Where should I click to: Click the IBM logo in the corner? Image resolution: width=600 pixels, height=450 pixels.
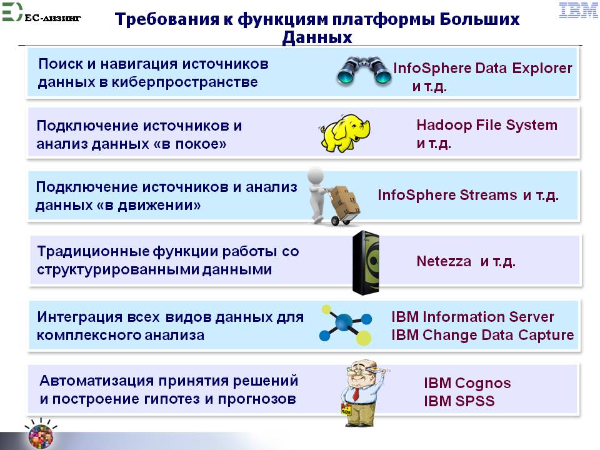[x=578, y=11]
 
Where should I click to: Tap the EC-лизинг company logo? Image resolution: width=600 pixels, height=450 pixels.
[x=41, y=12]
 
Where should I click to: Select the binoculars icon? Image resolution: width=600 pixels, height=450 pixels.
[x=364, y=71]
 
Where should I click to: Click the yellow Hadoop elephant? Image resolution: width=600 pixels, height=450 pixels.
[x=345, y=132]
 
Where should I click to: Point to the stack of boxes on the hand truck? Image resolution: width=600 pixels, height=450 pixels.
[x=344, y=201]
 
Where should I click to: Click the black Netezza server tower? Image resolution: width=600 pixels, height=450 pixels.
[x=366, y=262]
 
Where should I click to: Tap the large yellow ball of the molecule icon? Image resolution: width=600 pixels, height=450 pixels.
[x=363, y=338]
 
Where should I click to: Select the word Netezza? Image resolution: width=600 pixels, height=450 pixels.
[x=444, y=261]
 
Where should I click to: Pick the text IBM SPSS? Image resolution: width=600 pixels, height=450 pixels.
[x=459, y=401]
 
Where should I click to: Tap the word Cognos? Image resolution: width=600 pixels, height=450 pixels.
[x=483, y=383]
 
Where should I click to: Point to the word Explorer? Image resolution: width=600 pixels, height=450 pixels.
[x=542, y=68]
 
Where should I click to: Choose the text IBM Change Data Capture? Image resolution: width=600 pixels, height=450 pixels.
[x=482, y=335]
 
